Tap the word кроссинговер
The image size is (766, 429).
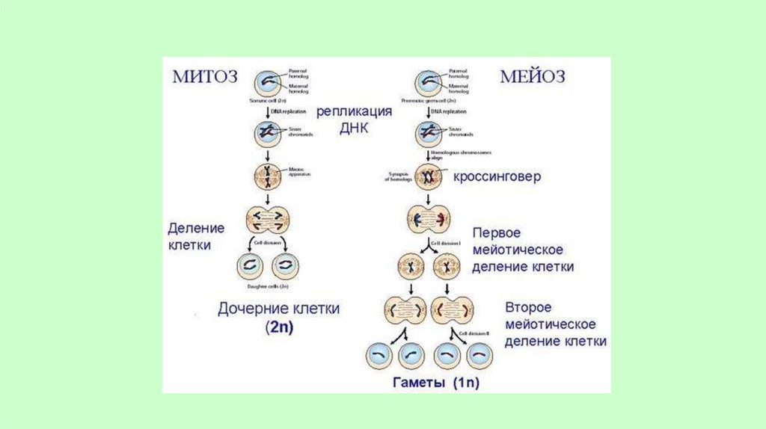[x=497, y=178]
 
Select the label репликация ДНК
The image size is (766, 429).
[x=354, y=119]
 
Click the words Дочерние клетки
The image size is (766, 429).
[x=278, y=308]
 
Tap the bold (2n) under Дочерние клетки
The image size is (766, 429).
[x=278, y=327]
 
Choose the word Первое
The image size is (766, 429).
[x=496, y=232]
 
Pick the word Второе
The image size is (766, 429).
[x=528, y=308]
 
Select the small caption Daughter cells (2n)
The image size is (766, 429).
[x=268, y=286]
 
